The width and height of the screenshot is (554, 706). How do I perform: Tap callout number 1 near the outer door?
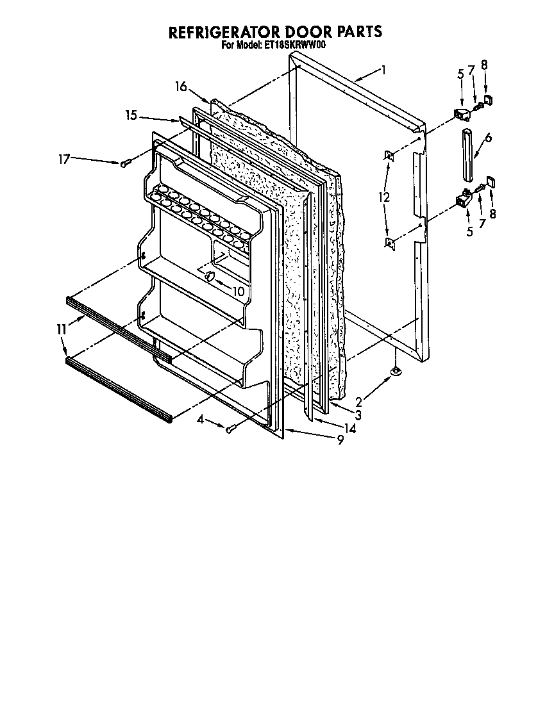click(383, 70)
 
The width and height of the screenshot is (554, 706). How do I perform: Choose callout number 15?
click(131, 115)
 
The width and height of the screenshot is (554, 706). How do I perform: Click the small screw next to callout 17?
click(124, 163)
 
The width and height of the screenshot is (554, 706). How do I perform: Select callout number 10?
click(237, 291)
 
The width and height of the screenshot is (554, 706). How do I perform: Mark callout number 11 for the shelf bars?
click(62, 329)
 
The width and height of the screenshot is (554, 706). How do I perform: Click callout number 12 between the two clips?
click(383, 198)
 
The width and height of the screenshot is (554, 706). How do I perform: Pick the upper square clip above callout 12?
click(389, 154)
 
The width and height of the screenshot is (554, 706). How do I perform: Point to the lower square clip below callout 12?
click(389, 242)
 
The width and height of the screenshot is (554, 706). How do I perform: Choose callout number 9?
click(340, 440)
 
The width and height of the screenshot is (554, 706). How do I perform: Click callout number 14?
click(349, 427)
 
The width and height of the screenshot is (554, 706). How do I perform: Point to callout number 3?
click(358, 415)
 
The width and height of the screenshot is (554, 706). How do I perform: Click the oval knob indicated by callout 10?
click(208, 275)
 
